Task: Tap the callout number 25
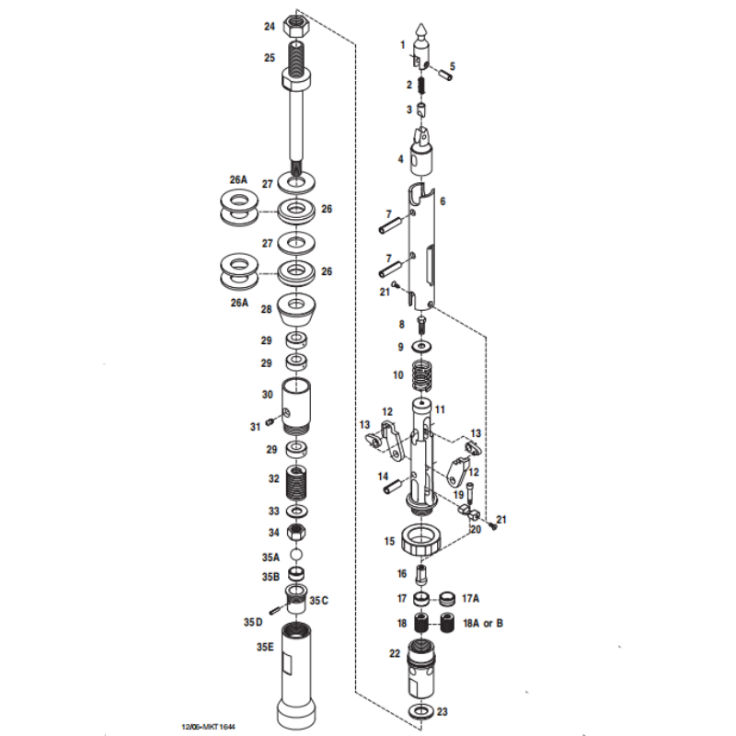pos(270,57)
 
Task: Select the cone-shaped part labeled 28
pos(297,311)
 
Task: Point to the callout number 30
pos(268,395)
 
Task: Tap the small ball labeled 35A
pos(297,555)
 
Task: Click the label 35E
pos(265,648)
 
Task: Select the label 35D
pos(252,622)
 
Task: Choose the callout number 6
pos(443,201)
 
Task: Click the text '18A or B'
pos(482,624)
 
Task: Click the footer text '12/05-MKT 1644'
pos(208,727)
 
